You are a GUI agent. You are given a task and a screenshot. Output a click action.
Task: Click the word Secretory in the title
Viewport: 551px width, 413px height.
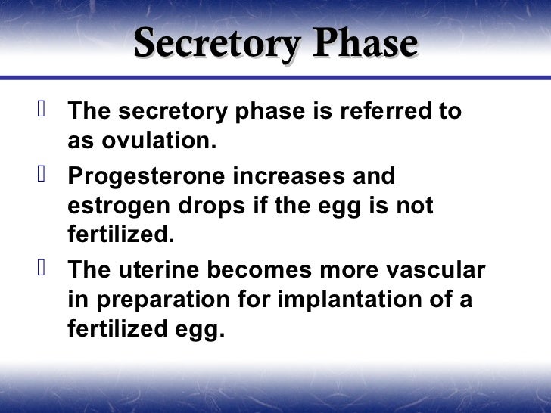(x=214, y=45)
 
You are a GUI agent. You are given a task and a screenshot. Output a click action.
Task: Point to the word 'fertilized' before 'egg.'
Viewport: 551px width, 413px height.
(x=117, y=330)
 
